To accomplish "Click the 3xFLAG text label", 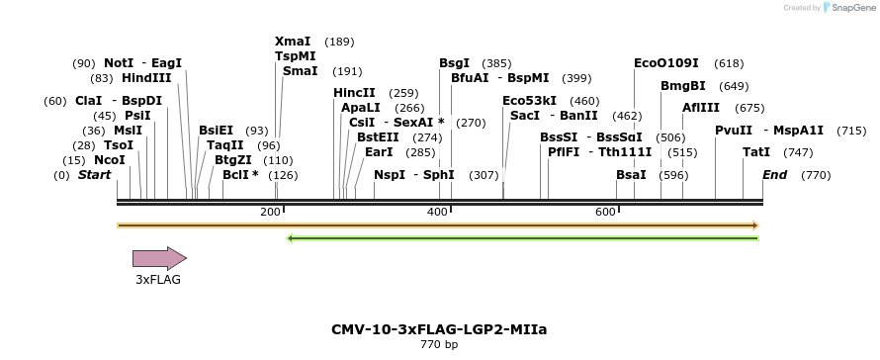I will tap(158, 280).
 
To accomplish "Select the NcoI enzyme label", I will tap(110, 160).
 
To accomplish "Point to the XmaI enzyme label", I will tap(293, 42).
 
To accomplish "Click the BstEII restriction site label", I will tap(378, 137).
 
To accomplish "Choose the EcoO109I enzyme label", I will tap(666, 63).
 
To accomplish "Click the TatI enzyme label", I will tap(756, 152).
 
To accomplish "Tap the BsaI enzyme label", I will tap(631, 175).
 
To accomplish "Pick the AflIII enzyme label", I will tap(701, 108).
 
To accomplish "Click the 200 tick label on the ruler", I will tap(270, 213).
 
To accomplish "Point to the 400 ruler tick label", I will tap(438, 213).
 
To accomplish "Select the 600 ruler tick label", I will tap(605, 213).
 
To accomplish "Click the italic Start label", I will tap(94, 175).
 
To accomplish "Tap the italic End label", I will tap(774, 175).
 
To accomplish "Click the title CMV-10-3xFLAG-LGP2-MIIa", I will tap(439, 328).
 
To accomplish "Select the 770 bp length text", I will tap(439, 345).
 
